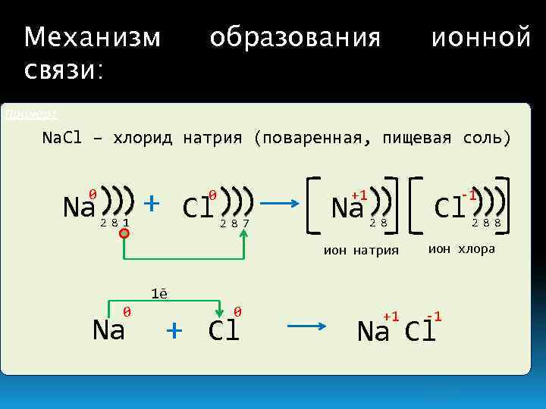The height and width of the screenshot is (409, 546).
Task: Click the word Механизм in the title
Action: (92, 36)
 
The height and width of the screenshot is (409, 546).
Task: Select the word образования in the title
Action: (295, 36)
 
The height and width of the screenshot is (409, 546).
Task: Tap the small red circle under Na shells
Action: (124, 235)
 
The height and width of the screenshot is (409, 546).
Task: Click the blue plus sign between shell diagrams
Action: (152, 203)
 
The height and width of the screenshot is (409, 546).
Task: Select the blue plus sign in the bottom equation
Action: (174, 329)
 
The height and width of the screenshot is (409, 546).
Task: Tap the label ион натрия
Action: (360, 251)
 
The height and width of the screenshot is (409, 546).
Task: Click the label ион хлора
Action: (461, 248)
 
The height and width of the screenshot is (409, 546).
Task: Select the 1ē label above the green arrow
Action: (158, 294)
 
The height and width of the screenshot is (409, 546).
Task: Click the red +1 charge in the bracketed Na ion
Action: (359, 195)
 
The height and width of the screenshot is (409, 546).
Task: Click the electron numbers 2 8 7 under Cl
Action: (234, 223)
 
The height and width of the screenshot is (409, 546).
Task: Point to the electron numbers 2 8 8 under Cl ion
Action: (485, 223)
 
